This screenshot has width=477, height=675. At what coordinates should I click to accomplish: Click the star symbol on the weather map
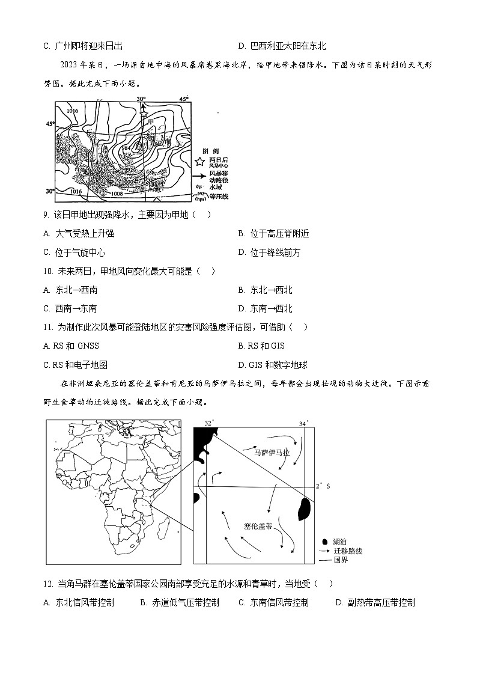(x=143, y=111)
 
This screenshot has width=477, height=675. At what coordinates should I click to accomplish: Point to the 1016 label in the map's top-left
(x=73, y=111)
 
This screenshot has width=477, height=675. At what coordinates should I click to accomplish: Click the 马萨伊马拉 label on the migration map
(x=272, y=453)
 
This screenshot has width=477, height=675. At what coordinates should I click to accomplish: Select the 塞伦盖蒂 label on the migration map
(x=258, y=525)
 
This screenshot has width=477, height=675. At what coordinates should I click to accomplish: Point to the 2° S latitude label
(x=323, y=486)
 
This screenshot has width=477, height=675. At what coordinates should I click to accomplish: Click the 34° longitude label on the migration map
(x=303, y=424)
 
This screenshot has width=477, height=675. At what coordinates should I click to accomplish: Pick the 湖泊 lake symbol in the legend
(x=325, y=541)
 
